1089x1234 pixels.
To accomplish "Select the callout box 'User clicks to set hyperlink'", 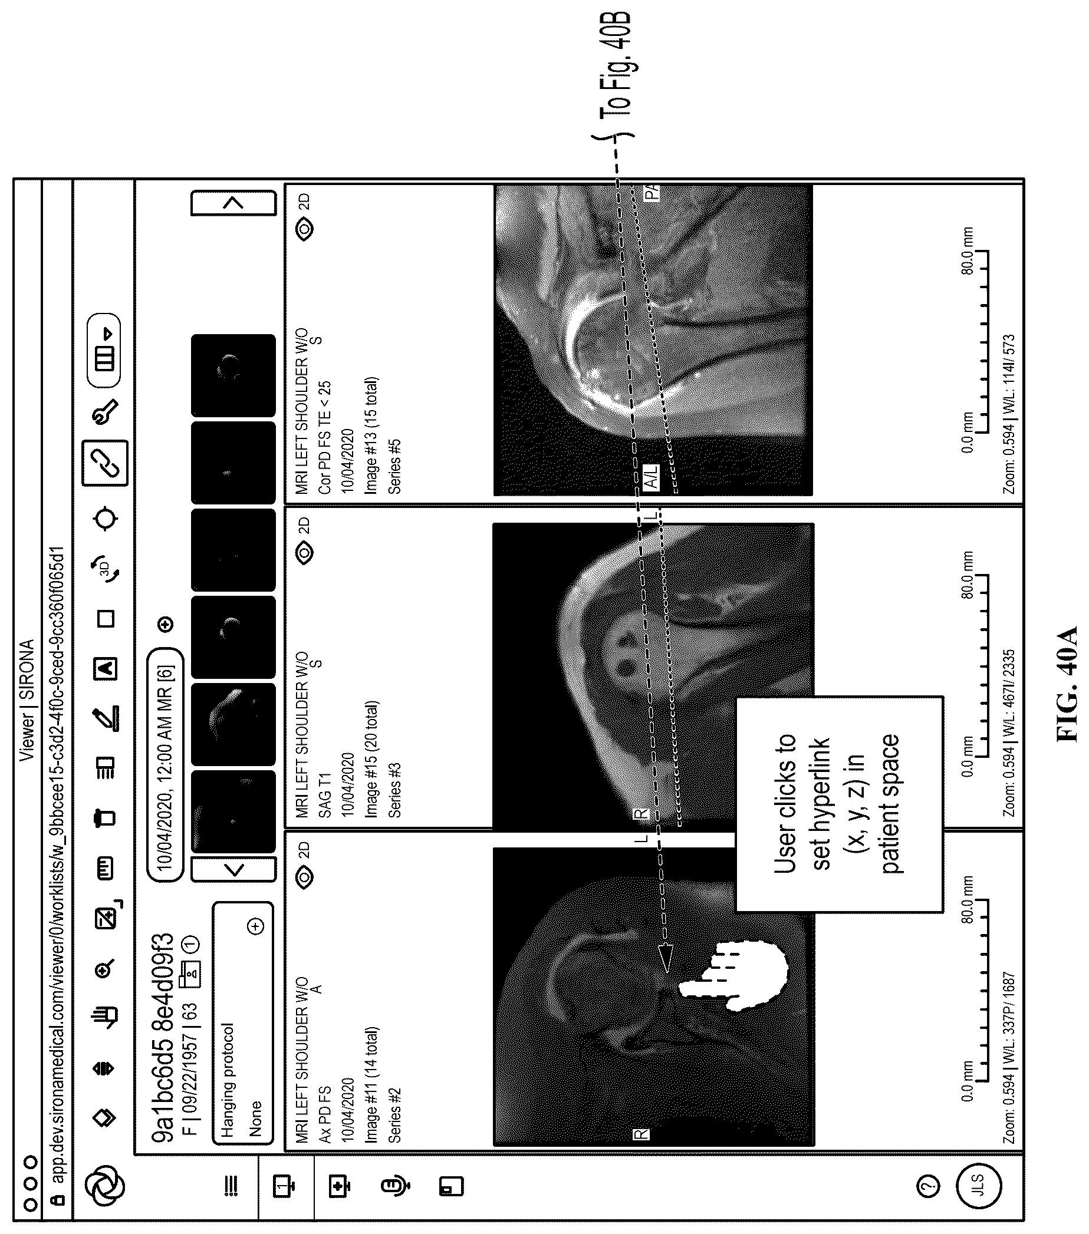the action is tap(839, 804).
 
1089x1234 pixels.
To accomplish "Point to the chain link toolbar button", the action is tap(106, 463).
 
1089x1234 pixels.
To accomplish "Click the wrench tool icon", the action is tap(105, 412).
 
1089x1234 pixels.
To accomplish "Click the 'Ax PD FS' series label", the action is tap(325, 1115).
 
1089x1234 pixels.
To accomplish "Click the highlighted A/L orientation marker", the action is tap(650, 477).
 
